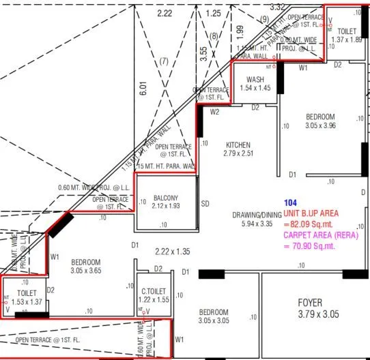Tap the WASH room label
click(255, 80)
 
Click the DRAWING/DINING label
click(252, 215)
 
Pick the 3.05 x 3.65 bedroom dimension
click(86, 271)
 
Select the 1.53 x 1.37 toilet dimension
click(27, 301)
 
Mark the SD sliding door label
click(204, 203)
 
